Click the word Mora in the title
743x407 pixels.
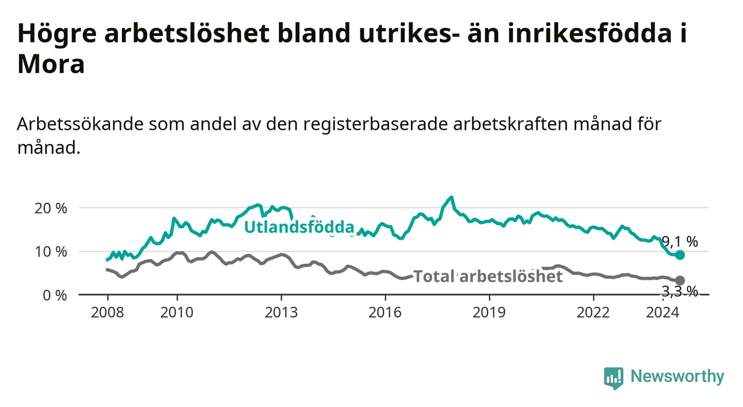click(x=51, y=64)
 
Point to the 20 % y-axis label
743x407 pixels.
click(x=51, y=208)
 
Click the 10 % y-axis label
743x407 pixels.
click(x=51, y=252)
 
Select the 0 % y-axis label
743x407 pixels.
click(x=55, y=295)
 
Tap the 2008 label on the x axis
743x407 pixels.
click(x=107, y=313)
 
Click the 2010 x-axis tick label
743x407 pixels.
click(x=177, y=313)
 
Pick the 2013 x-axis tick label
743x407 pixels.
click(x=281, y=313)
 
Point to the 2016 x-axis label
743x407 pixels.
click(x=385, y=313)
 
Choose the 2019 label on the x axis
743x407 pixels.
click(x=489, y=313)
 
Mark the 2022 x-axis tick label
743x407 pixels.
click(x=593, y=313)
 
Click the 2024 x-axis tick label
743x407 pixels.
click(x=663, y=313)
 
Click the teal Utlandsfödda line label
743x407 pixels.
click(x=299, y=227)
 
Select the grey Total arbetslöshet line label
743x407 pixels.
click(x=488, y=276)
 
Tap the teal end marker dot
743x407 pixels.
click(x=680, y=255)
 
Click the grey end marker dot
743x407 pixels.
click(x=680, y=280)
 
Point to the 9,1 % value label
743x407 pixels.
click(x=680, y=242)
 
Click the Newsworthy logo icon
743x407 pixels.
click(x=614, y=378)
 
